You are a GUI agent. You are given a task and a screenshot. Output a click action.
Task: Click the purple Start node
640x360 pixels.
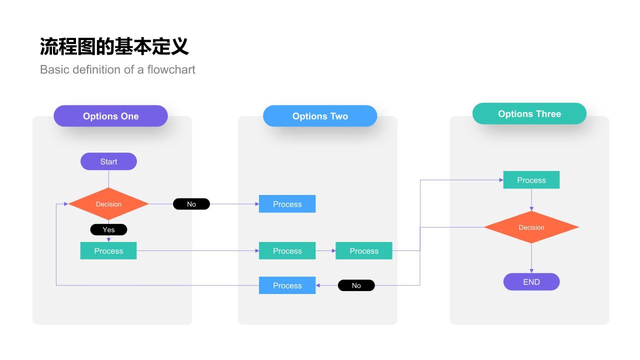[x=108, y=161]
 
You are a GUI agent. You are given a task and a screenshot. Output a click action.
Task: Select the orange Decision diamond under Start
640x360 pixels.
[x=108, y=204]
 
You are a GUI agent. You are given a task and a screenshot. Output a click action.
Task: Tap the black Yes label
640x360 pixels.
[x=108, y=229]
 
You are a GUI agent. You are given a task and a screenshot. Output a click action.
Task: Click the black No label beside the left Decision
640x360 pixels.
[x=191, y=204]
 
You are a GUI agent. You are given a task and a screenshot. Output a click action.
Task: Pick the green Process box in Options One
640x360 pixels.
[x=108, y=250]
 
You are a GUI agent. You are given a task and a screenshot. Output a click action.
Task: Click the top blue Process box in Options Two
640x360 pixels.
[x=287, y=204]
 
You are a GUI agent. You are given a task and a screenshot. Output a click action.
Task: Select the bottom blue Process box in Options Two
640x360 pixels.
[x=287, y=285]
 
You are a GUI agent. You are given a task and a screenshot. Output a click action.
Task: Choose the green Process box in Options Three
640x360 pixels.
[x=531, y=180]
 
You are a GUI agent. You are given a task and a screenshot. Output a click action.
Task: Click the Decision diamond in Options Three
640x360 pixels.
[x=531, y=227]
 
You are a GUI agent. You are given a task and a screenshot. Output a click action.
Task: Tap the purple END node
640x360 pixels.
[x=531, y=282]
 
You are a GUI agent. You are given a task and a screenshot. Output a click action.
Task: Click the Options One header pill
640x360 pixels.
[x=110, y=116]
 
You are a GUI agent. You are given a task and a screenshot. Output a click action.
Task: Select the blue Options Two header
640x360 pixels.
[x=320, y=116]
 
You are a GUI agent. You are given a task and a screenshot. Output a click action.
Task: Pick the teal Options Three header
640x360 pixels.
[x=529, y=114]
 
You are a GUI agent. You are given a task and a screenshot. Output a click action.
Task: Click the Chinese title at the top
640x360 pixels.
[x=114, y=46]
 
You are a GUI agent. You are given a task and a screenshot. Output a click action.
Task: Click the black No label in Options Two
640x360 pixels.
[x=356, y=285]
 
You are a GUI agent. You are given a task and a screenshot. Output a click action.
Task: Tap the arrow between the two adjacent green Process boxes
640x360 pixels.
[x=326, y=250]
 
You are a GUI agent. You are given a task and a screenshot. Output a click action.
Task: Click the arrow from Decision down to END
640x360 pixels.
[x=531, y=258]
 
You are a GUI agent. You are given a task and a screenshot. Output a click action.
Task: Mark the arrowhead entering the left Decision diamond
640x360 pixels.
[x=65, y=204]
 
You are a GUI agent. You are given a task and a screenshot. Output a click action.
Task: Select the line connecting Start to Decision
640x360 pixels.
[x=108, y=178]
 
